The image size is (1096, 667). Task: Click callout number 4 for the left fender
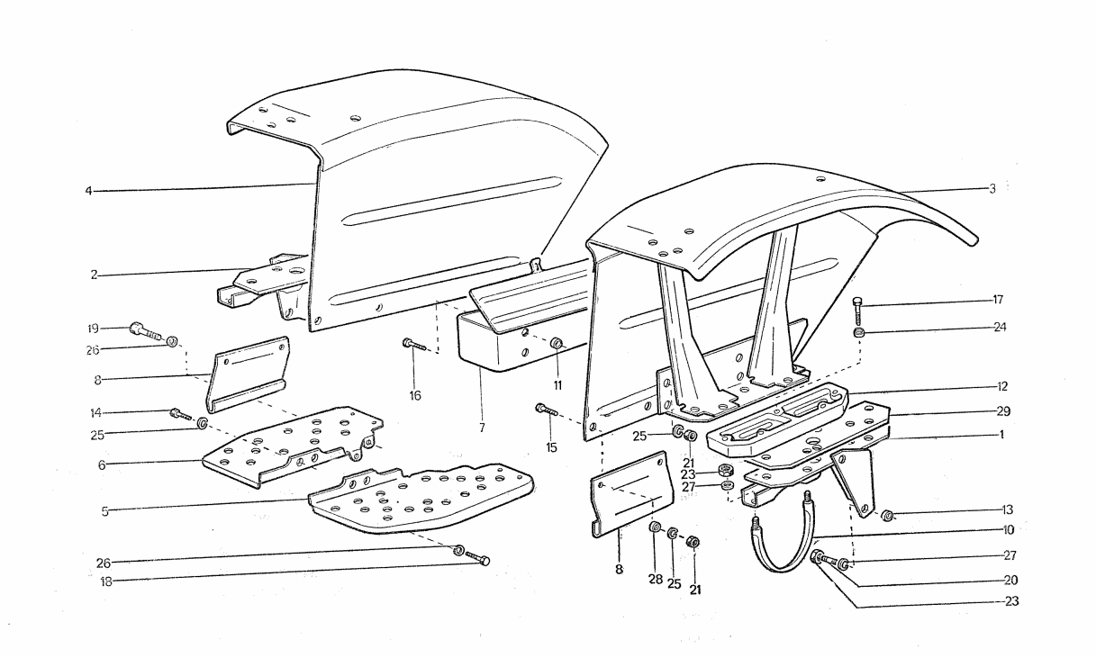point(88,191)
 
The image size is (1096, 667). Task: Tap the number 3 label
point(992,189)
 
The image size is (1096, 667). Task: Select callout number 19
point(93,329)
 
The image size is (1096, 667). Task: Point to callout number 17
point(998,299)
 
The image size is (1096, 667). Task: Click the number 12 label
point(1001,386)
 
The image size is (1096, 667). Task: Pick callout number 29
point(1003,411)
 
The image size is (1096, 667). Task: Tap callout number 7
point(482,428)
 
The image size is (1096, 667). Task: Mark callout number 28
point(656,580)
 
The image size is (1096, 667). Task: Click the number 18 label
point(106,581)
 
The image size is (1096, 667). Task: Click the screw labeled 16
point(414,346)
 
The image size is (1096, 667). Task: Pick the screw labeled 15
point(547,410)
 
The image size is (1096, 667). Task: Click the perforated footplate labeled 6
point(294,445)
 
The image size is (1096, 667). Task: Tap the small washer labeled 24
point(858,333)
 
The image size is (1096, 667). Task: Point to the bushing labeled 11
point(557,343)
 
